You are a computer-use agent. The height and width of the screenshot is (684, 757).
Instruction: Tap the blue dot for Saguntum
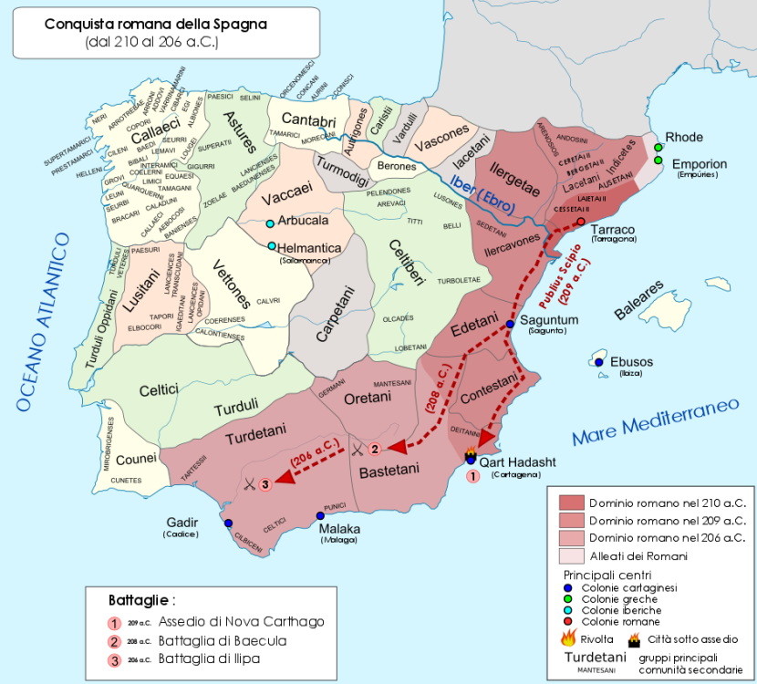[x=511, y=322]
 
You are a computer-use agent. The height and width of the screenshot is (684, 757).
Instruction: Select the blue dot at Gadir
[x=228, y=523]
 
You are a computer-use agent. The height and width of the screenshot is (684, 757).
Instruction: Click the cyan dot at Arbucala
[x=270, y=223]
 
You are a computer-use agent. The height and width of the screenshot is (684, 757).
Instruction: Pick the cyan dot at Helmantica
[x=272, y=245]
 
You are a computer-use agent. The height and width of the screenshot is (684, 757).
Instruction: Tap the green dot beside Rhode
[x=658, y=146]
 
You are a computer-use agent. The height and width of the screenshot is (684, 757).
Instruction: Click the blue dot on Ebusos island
[x=599, y=362]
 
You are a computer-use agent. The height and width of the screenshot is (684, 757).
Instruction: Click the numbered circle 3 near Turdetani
[x=265, y=483]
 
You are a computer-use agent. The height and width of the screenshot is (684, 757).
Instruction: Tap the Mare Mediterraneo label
[x=655, y=420]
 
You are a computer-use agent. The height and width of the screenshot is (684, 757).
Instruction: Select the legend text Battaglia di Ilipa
[x=210, y=658]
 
